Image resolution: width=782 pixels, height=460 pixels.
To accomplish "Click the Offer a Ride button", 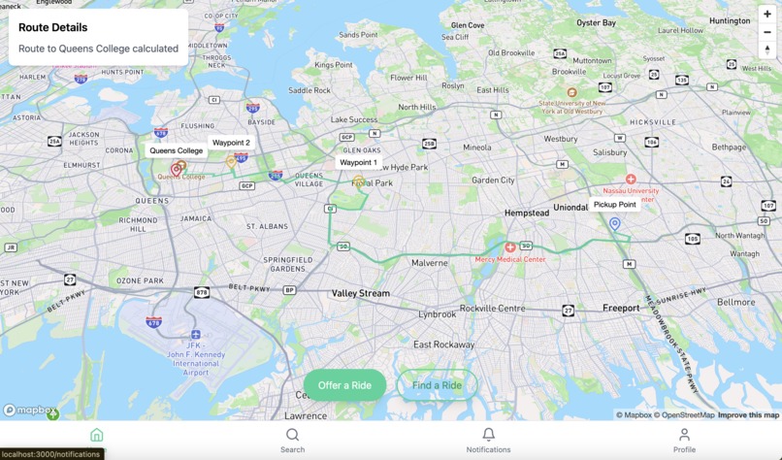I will pos(344,385).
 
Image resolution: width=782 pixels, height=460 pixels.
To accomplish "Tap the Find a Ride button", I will pos(437,385).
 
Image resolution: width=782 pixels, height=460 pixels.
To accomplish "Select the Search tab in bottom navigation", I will pos(292,441).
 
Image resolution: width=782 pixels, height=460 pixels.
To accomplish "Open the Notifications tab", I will pos(488,441).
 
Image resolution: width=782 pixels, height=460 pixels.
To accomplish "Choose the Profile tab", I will pos(684,441).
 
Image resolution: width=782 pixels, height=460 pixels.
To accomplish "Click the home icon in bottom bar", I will pos(96,435).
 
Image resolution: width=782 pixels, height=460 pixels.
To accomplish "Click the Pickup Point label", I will pos(614,205).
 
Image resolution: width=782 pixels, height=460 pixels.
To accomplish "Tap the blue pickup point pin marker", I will pos(614,224).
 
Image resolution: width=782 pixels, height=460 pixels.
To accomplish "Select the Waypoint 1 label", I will pos(358,163).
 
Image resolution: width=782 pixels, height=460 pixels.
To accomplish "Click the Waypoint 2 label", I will pos(231,143).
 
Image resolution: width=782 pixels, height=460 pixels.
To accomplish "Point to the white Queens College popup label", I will pos(176,150).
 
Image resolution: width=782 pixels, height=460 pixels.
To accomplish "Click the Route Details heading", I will pos(52,27).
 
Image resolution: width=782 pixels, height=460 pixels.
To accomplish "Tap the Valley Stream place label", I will pos(360,293).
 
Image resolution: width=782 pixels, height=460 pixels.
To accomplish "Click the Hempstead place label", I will pos(526,213).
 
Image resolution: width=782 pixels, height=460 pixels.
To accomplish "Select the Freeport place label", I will pos(621,309).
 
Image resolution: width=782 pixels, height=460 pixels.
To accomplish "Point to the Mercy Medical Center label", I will pos(509,259).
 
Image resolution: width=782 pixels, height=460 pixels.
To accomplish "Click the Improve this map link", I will pos(748,415).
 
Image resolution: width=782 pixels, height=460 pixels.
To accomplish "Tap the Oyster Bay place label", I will pos(596,22).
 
